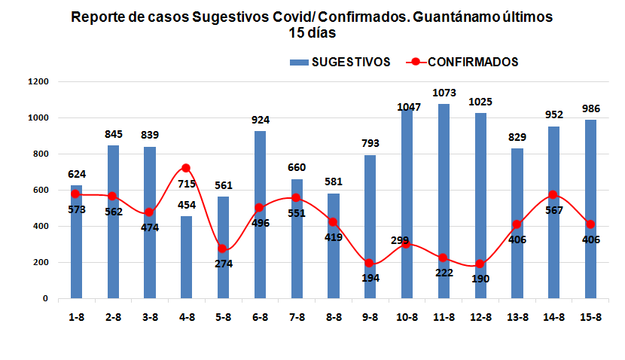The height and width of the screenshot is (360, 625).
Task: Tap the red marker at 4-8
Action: tap(186, 168)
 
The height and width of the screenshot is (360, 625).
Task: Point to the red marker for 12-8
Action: tap(480, 264)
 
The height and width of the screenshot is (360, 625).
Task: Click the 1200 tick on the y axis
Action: tap(37, 81)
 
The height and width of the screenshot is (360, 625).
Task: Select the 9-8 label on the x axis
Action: tap(370, 316)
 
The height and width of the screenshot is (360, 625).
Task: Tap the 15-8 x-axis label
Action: tap(590, 316)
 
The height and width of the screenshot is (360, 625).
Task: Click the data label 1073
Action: tap(443, 93)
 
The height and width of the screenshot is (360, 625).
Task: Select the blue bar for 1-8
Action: tap(76, 241)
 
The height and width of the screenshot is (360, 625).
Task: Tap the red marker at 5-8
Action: tap(223, 249)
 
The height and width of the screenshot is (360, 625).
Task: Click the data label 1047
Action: tap(410, 107)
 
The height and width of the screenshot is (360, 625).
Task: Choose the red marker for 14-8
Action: tap(553, 195)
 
